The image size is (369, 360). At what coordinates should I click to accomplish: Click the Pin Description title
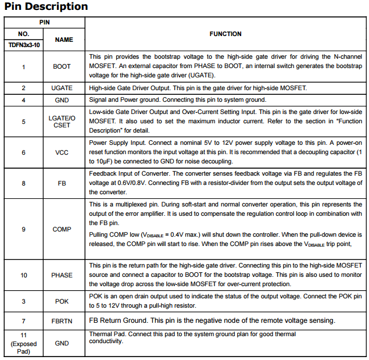click(x=46, y=7)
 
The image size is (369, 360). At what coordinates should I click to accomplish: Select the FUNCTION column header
click(x=225, y=34)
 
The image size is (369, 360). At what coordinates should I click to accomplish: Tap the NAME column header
click(x=63, y=40)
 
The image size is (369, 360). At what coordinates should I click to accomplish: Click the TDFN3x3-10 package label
click(x=24, y=45)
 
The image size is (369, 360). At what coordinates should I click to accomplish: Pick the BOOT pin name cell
click(x=62, y=66)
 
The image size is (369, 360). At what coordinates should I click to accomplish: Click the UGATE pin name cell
click(x=62, y=88)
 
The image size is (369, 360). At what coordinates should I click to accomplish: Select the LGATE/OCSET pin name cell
click(x=62, y=122)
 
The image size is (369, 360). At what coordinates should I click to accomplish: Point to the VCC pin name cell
click(x=62, y=152)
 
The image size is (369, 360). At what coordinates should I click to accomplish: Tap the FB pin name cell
click(x=62, y=183)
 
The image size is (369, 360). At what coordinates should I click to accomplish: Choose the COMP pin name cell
click(x=62, y=229)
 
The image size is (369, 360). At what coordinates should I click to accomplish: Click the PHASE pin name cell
click(x=62, y=275)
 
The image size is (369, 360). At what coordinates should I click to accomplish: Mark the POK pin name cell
click(x=62, y=301)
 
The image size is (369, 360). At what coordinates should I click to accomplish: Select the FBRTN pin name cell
click(x=62, y=321)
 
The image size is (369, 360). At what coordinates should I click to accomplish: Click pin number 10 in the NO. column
click(x=24, y=275)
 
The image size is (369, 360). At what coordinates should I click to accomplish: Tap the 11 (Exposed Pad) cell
click(x=24, y=343)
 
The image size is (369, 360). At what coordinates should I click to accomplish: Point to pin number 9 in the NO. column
click(x=24, y=229)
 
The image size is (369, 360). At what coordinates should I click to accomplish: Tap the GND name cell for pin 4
click(x=62, y=99)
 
